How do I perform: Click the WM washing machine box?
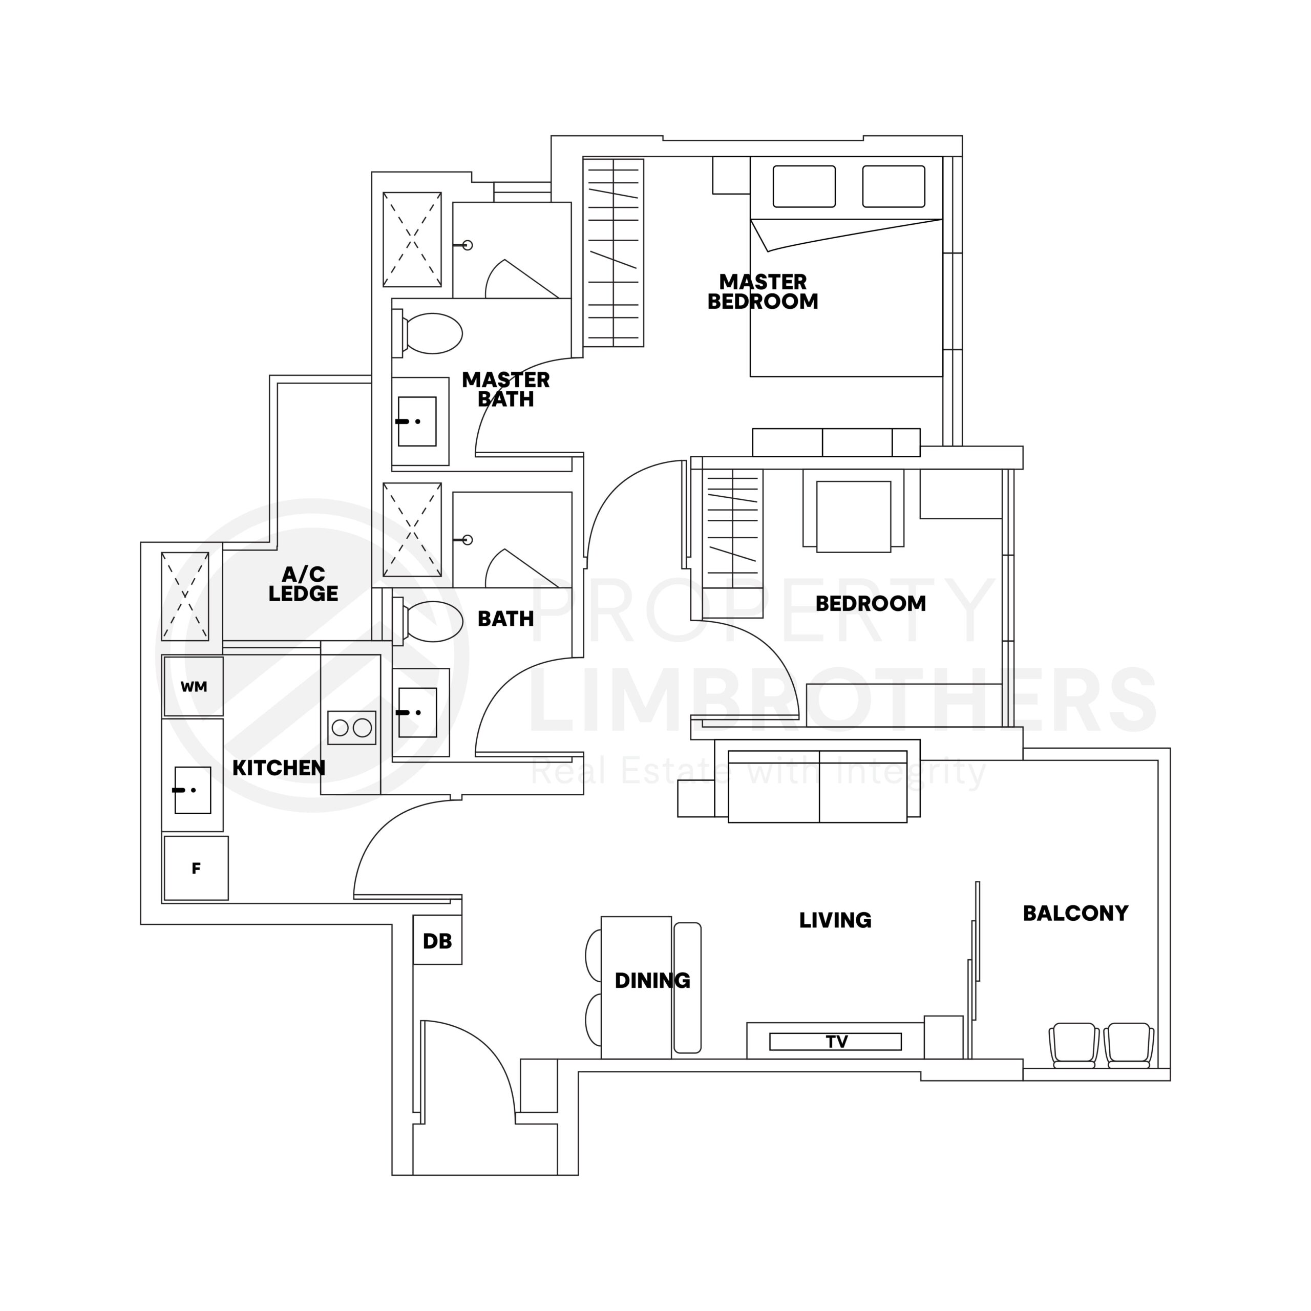[194, 686]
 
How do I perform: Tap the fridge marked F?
[196, 868]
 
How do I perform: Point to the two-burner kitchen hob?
[351, 727]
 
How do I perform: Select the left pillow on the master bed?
[803, 186]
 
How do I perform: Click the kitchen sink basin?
[193, 790]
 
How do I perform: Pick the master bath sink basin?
[417, 421]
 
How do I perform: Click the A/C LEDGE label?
[303, 584]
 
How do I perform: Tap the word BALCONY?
[1075, 914]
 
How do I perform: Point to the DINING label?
[652, 981]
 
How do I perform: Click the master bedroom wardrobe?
[613, 252]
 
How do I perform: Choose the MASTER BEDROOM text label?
[763, 292]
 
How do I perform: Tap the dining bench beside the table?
[687, 987]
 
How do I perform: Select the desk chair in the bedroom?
[853, 516]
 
